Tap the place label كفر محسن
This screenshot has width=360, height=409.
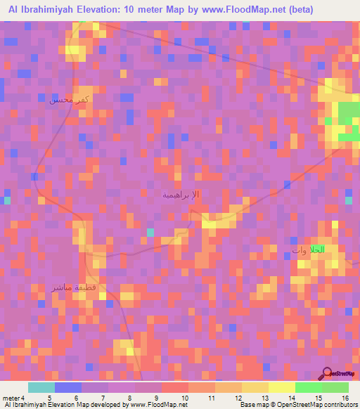coord(70,100)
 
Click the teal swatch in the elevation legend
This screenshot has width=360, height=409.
coord(41,387)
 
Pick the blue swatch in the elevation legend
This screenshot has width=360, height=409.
coord(68,387)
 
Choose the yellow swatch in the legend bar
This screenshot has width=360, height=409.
coord(255,387)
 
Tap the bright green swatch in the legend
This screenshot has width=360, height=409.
coord(308,387)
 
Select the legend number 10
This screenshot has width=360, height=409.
coord(186,398)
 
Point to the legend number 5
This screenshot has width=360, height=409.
coord(49,398)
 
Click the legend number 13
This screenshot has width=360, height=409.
coord(266,398)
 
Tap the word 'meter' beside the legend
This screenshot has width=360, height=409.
coord(12,398)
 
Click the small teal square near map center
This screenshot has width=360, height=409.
coord(150,232)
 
